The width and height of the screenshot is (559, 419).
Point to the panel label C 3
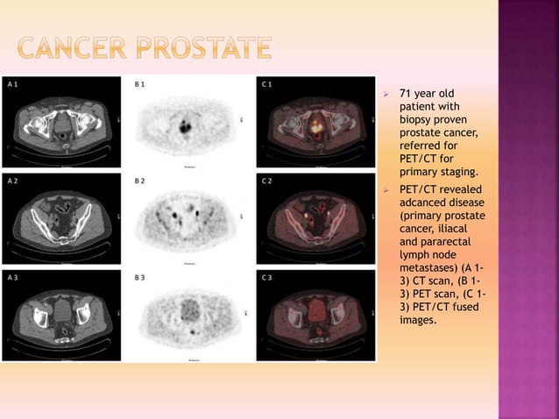(266, 278)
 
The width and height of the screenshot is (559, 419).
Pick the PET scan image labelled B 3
(188, 316)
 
